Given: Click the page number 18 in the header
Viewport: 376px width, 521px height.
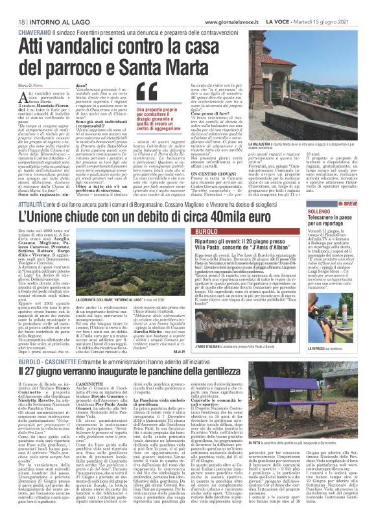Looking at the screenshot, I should pyautogui.click(x=13, y=6).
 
